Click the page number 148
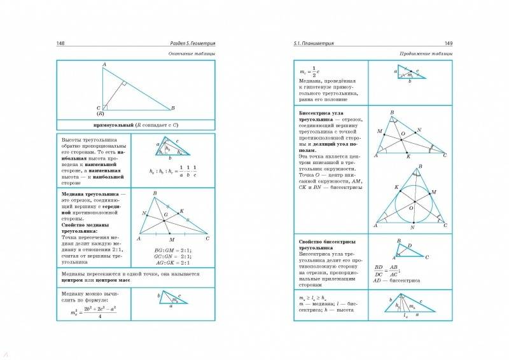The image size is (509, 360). [x=62, y=43]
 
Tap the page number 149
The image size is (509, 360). [x=447, y=43]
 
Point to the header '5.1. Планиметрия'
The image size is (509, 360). [x=318, y=43]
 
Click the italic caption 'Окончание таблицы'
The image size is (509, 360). [x=192, y=53]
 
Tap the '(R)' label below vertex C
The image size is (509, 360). [x=100, y=113]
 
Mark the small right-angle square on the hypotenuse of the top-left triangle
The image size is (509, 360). [x=125, y=83]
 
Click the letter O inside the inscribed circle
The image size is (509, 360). [x=411, y=208]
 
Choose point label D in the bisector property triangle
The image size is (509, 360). [x=409, y=245]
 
